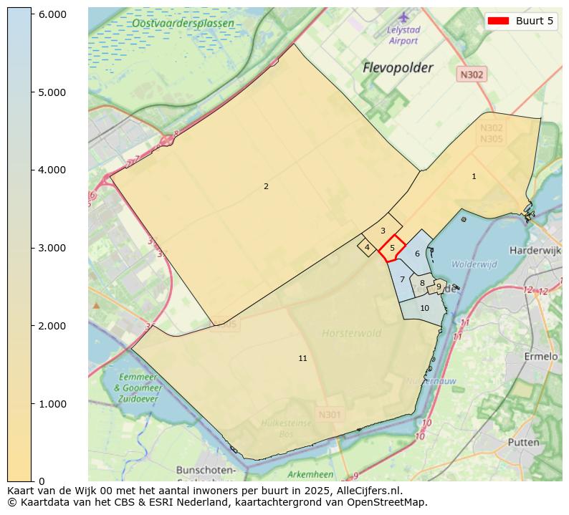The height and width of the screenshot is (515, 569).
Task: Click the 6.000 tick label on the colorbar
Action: point(52,14)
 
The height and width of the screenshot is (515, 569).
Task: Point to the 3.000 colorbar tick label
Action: point(52,248)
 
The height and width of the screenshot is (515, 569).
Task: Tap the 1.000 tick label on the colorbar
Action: point(52,404)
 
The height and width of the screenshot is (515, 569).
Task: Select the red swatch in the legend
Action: point(498,21)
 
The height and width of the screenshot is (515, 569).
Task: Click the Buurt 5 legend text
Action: point(535,21)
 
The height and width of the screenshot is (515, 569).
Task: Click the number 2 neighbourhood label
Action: point(266,186)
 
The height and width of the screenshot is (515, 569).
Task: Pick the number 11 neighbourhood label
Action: point(302,358)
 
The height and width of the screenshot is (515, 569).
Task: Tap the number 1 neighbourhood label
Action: point(474,176)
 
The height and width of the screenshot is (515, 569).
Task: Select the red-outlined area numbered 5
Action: point(392,249)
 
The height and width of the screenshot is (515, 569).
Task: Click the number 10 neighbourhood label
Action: point(424,308)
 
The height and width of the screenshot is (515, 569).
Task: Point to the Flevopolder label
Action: point(398,68)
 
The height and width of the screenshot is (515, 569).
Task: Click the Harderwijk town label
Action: point(534,251)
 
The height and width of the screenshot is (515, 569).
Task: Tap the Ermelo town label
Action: point(541,356)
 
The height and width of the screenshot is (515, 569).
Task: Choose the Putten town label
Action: point(523,442)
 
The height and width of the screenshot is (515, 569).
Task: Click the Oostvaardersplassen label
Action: point(183,24)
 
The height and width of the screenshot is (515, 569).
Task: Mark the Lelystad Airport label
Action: point(403,35)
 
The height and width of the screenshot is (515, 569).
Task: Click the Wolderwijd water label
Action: point(474,264)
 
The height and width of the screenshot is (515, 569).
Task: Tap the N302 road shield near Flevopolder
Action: point(472,74)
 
